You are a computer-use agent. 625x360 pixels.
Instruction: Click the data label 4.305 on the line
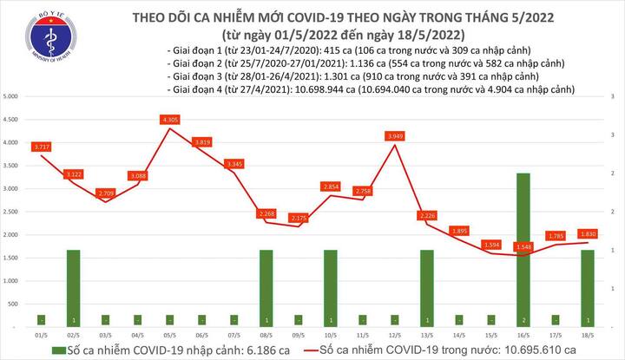(x=170, y=120)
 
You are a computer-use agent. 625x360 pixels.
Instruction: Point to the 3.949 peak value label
(x=396, y=135)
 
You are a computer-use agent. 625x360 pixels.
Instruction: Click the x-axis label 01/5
(x=41, y=332)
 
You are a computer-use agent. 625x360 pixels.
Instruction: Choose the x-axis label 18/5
(x=587, y=332)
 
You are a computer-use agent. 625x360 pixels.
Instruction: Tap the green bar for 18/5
(x=587, y=287)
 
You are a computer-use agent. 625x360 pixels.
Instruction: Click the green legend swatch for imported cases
(x=58, y=349)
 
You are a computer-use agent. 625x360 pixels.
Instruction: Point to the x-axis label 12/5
(x=395, y=332)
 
